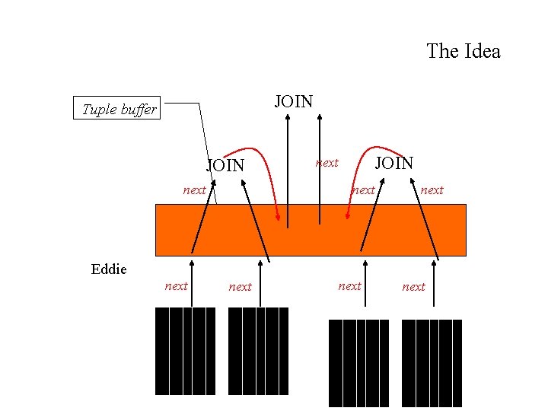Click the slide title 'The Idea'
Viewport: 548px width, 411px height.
tap(464, 52)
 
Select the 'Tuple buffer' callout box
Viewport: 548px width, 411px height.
tap(118, 110)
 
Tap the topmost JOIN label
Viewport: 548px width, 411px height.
tap(293, 100)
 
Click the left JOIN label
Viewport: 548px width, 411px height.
tap(226, 165)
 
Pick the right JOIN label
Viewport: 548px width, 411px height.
tap(395, 162)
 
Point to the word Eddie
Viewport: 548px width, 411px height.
tap(109, 269)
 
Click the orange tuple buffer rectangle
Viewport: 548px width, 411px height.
tap(311, 230)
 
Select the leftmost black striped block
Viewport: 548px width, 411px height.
tap(185, 351)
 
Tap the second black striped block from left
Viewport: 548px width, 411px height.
tap(258, 351)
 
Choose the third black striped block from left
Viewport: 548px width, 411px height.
tap(358, 363)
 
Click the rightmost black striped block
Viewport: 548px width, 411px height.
tap(432, 363)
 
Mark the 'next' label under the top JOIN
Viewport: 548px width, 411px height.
tap(327, 163)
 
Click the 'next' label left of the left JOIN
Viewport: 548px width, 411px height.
tap(194, 190)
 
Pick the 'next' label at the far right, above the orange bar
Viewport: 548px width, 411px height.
tap(432, 190)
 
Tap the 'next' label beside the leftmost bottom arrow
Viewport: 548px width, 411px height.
tap(176, 286)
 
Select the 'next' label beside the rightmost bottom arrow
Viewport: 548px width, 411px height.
tap(413, 287)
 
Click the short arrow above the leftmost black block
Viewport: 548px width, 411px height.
tap(192, 282)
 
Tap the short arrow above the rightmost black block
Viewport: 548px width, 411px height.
tap(435, 283)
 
